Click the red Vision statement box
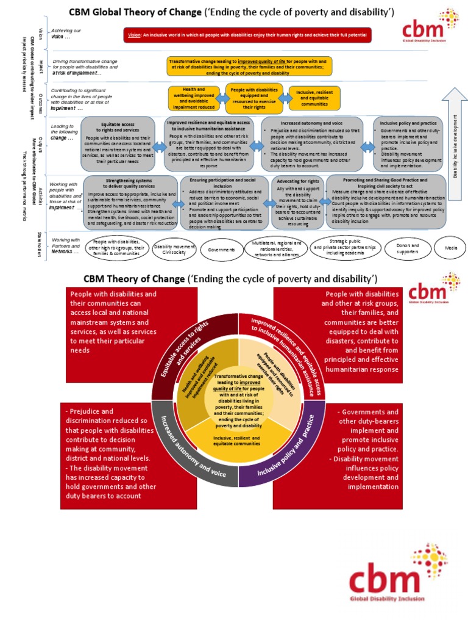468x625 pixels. click(255, 35)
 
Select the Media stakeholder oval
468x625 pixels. click(451, 249)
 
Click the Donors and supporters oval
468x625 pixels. click(404, 248)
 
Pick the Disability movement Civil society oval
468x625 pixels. click(174, 248)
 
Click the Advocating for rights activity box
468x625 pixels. click(297, 201)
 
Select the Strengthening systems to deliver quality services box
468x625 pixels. click(130, 202)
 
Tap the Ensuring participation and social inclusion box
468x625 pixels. click(224, 202)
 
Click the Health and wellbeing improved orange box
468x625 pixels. click(194, 98)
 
